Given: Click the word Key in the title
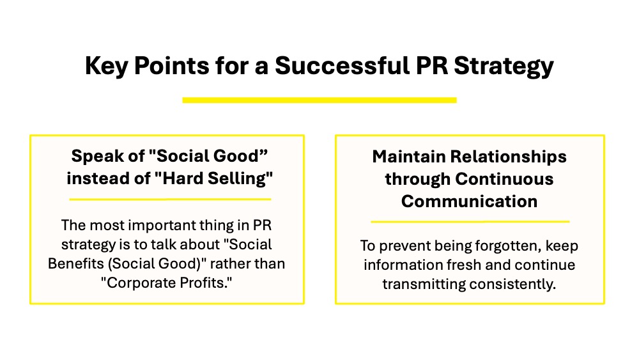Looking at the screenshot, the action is [x=107, y=66].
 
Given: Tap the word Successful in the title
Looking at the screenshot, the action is [x=343, y=65].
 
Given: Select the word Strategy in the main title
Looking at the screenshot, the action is [x=504, y=66].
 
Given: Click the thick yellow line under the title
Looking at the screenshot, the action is [x=319, y=100].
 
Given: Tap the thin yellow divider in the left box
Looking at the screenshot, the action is [x=171, y=200].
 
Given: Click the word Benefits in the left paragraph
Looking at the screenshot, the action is [x=76, y=264].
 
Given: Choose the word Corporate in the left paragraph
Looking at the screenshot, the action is [x=139, y=283].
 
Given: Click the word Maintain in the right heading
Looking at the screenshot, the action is [x=409, y=157].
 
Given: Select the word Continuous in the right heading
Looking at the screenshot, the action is [x=504, y=179].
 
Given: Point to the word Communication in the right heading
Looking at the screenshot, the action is [x=469, y=201].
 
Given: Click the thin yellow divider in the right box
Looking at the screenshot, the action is [x=470, y=222].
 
